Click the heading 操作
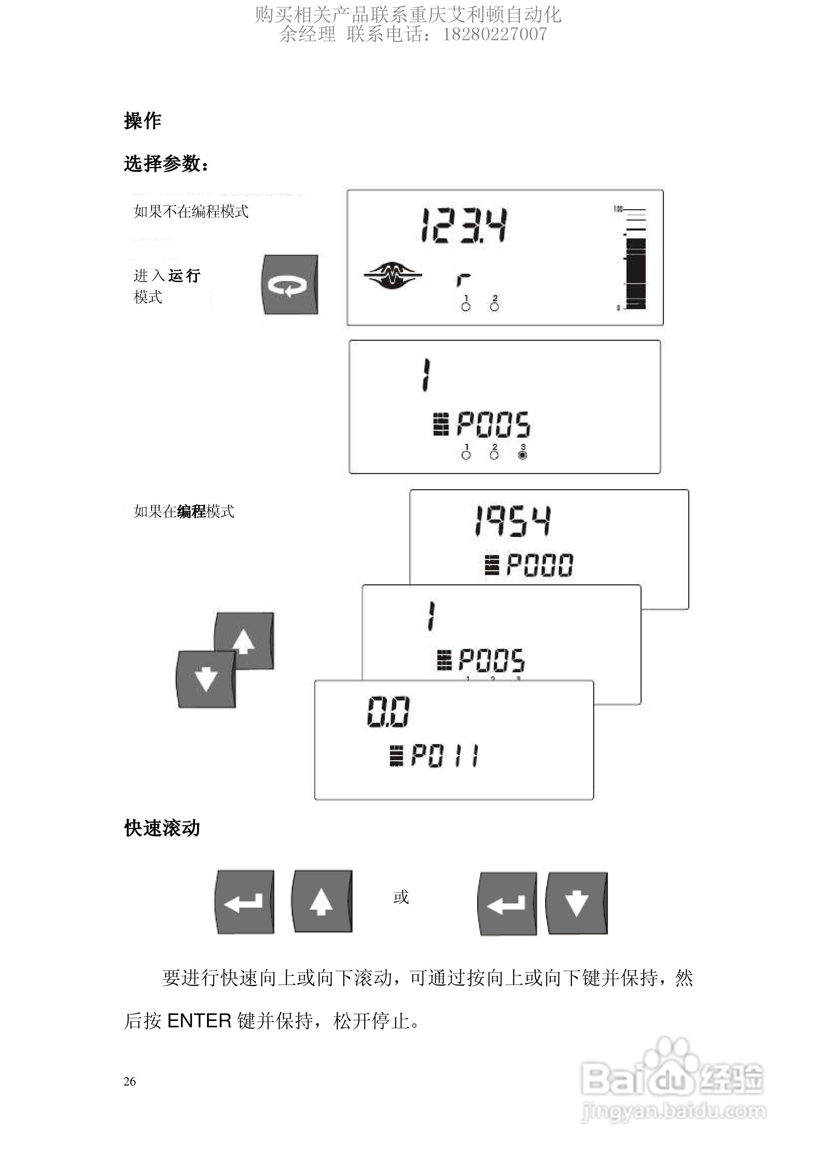pyautogui.click(x=142, y=121)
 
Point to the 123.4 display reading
pyautogui.click(x=464, y=226)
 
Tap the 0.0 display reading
pyautogui.click(x=388, y=712)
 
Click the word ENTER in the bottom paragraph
pyautogui.click(x=199, y=1021)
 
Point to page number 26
pyautogui.click(x=129, y=1081)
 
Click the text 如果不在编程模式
pyautogui.click(x=191, y=212)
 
